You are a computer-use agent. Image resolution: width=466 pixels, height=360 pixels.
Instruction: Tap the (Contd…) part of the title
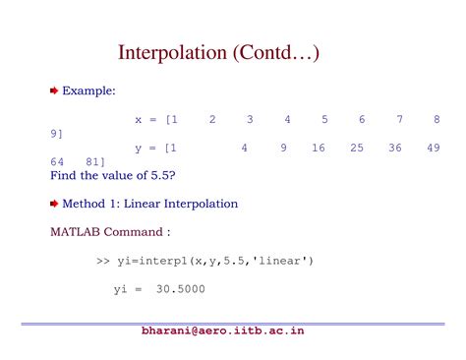coord(278,51)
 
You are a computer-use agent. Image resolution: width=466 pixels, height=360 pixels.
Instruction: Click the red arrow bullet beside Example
coord(55,90)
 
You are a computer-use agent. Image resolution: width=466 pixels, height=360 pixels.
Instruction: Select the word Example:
coord(89,90)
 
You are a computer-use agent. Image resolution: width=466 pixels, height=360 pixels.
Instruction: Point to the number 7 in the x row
coord(400,119)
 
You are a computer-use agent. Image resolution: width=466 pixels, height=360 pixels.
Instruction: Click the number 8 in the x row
coord(436,119)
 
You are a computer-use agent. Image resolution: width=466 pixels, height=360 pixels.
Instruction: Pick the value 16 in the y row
coord(318,148)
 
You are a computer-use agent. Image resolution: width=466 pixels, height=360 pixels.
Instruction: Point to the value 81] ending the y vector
coord(95,161)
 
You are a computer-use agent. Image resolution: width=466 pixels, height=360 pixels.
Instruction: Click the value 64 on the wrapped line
coord(58,161)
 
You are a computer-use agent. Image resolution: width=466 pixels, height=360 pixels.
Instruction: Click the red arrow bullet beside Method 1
coord(55,204)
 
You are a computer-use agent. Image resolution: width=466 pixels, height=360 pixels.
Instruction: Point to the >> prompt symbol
coord(102,261)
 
